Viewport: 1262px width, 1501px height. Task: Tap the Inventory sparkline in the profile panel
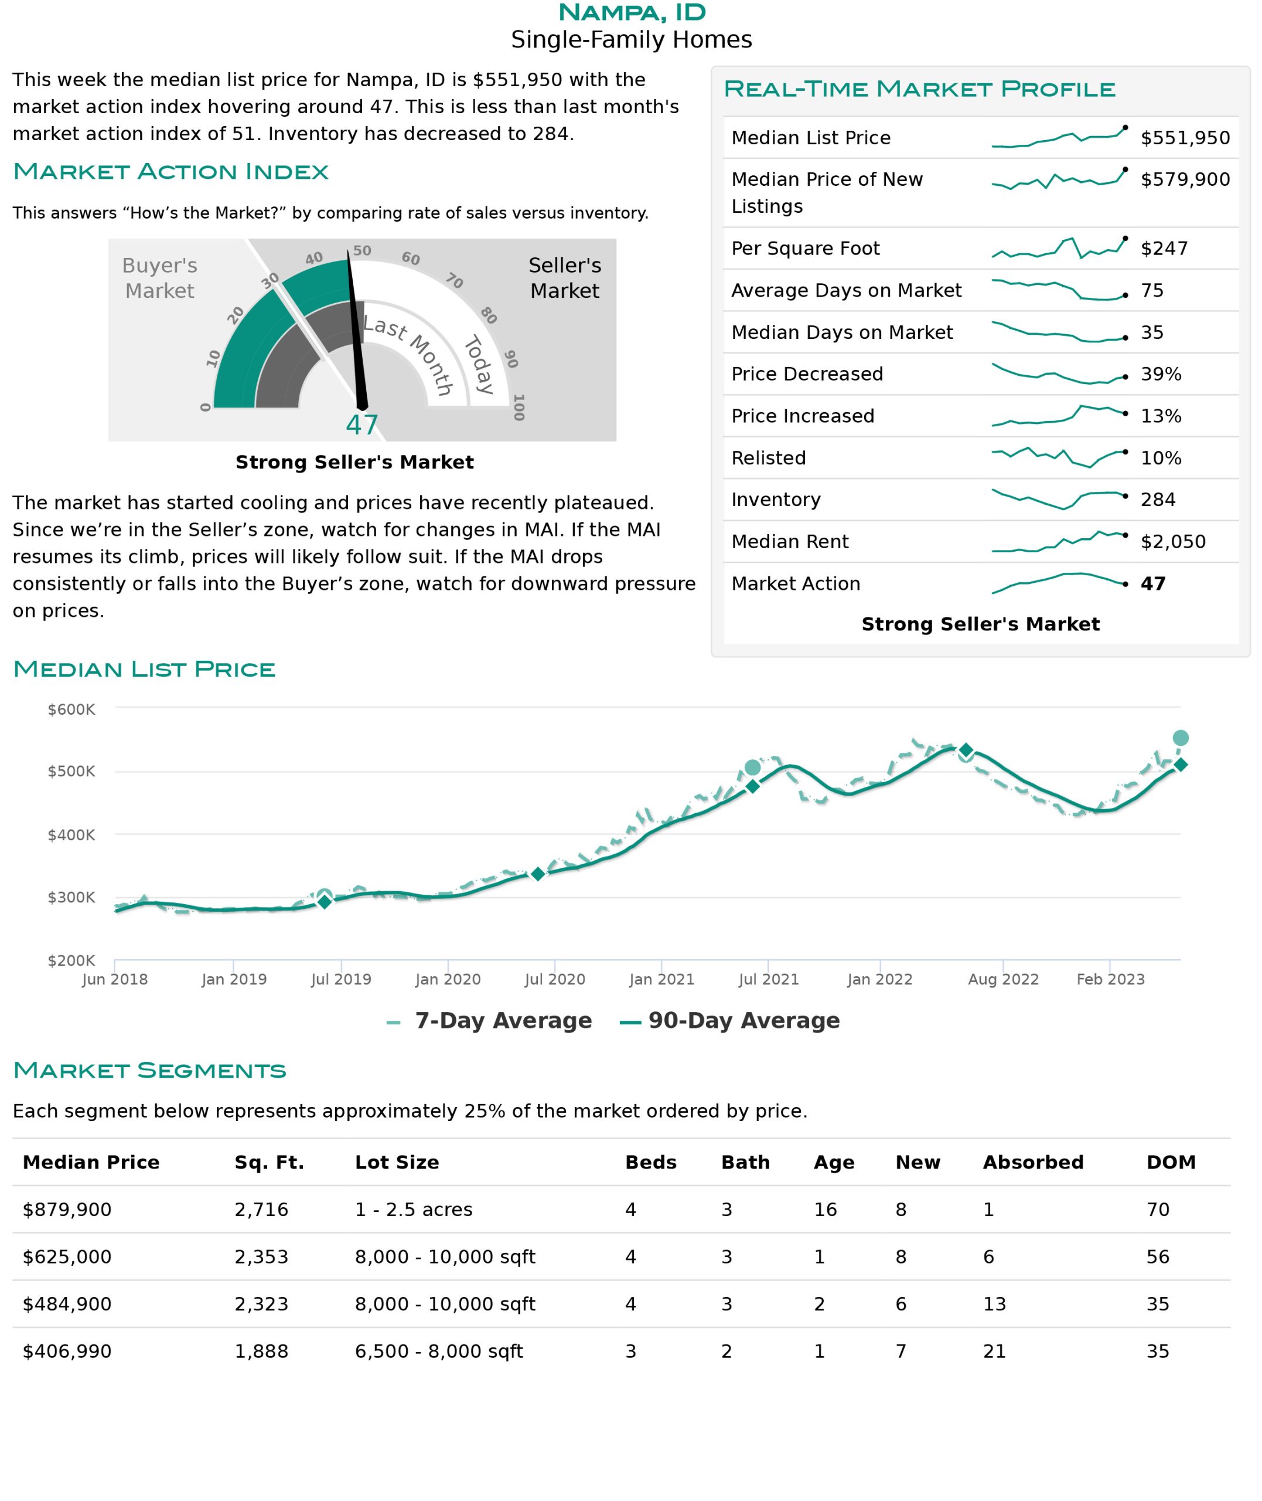pos(1059,499)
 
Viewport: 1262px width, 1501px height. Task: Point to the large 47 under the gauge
pos(361,425)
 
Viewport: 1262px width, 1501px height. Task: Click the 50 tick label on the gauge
pos(362,250)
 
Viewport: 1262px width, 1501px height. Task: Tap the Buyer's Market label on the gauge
pos(159,278)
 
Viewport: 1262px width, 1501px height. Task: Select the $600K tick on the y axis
pos(71,709)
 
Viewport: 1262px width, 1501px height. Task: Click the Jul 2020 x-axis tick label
pos(554,979)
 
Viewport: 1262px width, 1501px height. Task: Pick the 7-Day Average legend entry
pos(489,1020)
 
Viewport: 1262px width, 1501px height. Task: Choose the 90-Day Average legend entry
pos(730,1020)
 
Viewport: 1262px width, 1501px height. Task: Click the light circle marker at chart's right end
pos(1181,738)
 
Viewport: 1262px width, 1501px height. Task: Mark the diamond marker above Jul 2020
pos(538,874)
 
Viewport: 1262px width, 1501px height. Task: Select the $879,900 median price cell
pos(67,1209)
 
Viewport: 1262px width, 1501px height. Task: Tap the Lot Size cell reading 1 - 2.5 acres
pos(414,1209)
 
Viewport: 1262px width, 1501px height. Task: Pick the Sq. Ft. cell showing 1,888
pos(261,1351)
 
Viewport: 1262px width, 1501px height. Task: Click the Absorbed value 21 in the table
pos(994,1351)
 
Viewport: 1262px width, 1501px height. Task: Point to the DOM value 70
pos(1158,1209)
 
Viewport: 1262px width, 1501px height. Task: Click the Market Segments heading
pos(149,1070)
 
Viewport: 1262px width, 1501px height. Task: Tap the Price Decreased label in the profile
pos(807,373)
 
